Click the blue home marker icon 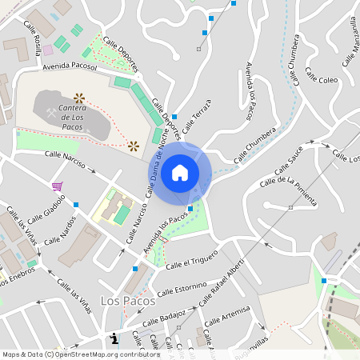[x=180, y=173]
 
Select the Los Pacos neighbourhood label [x=124, y=301]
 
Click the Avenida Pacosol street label [x=70, y=68]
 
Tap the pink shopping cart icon [x=57, y=186]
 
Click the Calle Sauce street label [x=289, y=161]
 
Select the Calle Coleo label [x=321, y=80]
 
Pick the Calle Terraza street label [x=197, y=115]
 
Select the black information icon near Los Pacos [x=114, y=338]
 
